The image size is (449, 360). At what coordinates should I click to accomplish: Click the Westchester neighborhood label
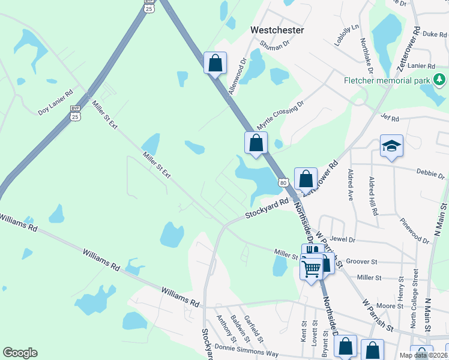pyautogui.click(x=277, y=29)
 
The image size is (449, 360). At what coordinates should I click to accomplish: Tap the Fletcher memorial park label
pyautogui.click(x=387, y=80)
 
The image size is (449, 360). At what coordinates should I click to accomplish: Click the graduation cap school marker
pyautogui.click(x=391, y=146)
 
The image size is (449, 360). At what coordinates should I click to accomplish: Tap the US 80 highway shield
pyautogui.click(x=283, y=181)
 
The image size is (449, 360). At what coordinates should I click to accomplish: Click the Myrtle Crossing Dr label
pyautogui.click(x=281, y=115)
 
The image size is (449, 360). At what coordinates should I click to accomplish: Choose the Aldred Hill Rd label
pyautogui.click(x=373, y=196)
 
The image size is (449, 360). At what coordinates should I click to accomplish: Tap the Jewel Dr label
pyautogui.click(x=343, y=239)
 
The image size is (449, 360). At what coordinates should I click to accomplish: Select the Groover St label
pyautogui.click(x=361, y=262)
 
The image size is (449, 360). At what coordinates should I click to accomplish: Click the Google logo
pyautogui.click(x=20, y=353)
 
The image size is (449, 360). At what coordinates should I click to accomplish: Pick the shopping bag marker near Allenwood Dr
pyautogui.click(x=215, y=62)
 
